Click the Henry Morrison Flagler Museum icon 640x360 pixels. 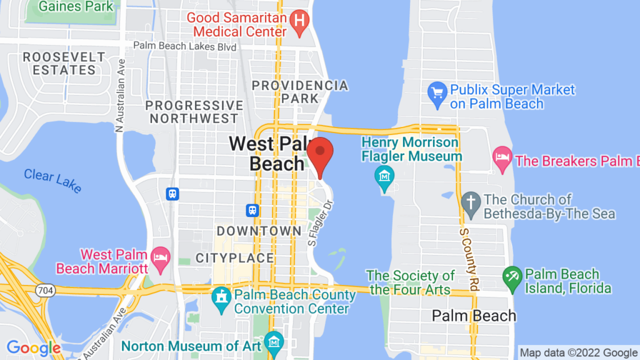[x=382, y=177]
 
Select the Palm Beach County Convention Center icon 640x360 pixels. [x=221, y=297]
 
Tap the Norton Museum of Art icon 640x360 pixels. [x=274, y=342]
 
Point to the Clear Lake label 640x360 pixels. [x=52, y=179]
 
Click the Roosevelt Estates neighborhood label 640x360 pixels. [x=64, y=63]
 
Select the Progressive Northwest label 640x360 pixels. [x=194, y=111]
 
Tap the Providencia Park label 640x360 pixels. [x=299, y=91]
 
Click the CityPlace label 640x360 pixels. [x=234, y=257]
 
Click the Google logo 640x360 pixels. [x=33, y=348]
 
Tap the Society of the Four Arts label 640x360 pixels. [x=411, y=282]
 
